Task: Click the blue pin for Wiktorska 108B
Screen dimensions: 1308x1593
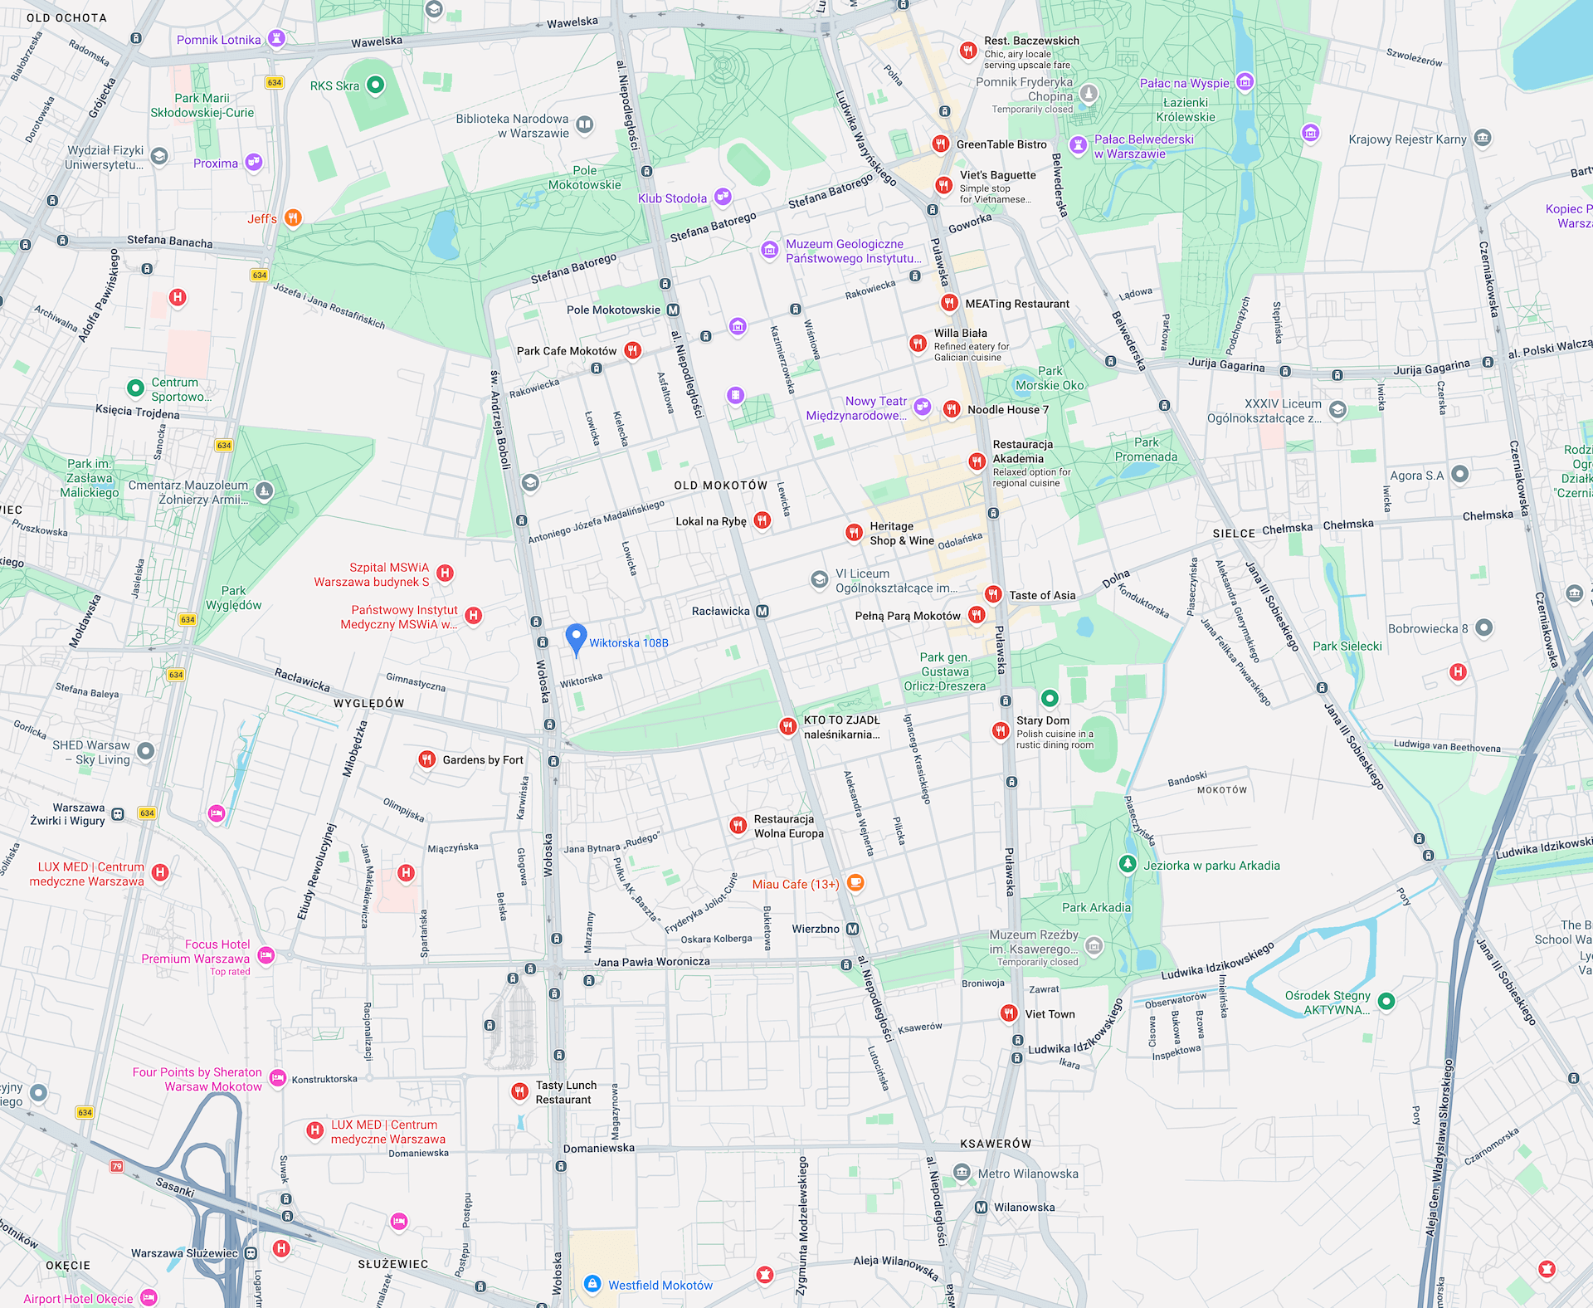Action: [576, 638]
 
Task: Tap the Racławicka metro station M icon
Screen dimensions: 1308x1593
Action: [762, 611]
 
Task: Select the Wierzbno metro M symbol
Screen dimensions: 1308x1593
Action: [852, 929]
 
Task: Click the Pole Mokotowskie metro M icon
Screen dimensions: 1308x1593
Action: [673, 310]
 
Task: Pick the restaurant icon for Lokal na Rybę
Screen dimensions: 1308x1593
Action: [762, 520]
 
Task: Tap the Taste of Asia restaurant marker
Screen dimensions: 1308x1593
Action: [992, 594]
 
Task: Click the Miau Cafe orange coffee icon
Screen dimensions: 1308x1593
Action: [855, 883]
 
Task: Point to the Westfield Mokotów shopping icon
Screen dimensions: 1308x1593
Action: [592, 1284]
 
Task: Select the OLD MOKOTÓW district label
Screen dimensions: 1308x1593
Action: [720, 486]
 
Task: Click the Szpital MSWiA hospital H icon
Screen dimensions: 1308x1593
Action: [445, 573]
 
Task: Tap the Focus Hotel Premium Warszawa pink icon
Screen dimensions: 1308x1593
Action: [265, 955]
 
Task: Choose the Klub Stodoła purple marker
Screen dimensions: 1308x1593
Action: [723, 197]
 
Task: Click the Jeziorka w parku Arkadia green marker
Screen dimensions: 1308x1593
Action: [1127, 864]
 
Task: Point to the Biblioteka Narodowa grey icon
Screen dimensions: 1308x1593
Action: [584, 125]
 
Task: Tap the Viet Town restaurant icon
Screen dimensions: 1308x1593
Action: [1008, 1013]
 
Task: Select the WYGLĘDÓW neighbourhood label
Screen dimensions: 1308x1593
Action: [368, 703]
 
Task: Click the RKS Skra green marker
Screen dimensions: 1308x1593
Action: [375, 85]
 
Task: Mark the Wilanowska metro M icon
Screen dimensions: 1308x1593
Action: [981, 1208]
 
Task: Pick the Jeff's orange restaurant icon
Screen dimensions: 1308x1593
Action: [292, 218]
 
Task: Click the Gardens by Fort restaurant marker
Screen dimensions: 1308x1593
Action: [426, 759]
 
